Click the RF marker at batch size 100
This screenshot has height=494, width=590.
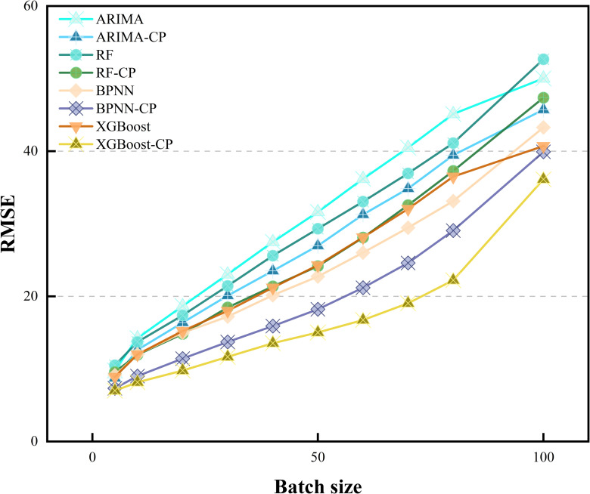point(543,59)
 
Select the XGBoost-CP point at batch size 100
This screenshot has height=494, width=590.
point(543,178)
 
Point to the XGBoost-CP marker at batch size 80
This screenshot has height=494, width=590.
point(453,279)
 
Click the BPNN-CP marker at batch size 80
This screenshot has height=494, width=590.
point(453,230)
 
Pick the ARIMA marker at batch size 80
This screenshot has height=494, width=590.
point(453,113)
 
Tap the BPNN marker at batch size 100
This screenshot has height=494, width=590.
point(543,128)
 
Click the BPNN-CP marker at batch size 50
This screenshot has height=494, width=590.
point(318,309)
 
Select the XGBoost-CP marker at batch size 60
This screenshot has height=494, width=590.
point(363,320)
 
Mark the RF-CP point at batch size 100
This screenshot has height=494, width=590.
point(543,98)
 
